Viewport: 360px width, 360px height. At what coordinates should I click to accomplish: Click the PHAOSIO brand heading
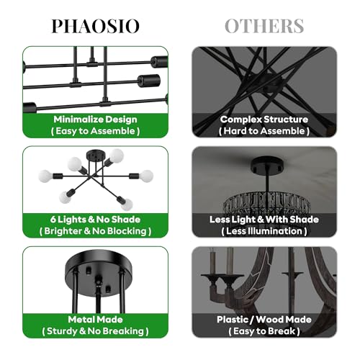[96, 26]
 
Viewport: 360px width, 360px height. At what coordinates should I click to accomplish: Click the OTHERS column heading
[264, 26]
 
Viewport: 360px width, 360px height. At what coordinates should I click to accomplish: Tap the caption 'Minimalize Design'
[95, 119]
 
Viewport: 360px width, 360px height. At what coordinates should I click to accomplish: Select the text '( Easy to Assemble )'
[95, 131]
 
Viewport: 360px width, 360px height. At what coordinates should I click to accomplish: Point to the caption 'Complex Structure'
[264, 119]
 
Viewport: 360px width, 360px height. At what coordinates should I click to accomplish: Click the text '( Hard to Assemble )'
[264, 131]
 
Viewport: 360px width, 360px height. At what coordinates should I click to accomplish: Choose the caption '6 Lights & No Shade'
[95, 219]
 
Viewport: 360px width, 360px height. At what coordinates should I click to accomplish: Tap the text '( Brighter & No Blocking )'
[95, 231]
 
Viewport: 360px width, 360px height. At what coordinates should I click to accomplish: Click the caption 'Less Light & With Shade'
[264, 219]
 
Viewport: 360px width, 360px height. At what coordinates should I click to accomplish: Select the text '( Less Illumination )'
[264, 231]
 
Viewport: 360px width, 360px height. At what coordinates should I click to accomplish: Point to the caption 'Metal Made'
[95, 319]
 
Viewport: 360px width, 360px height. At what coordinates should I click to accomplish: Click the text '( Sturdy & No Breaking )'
[95, 331]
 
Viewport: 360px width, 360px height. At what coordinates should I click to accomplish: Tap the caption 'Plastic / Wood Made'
[264, 319]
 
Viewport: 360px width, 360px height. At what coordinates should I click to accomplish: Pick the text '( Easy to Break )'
[264, 331]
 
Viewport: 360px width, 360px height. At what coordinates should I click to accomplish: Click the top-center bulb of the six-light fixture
[115, 154]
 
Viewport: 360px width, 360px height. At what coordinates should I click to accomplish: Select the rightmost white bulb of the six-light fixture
[146, 175]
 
